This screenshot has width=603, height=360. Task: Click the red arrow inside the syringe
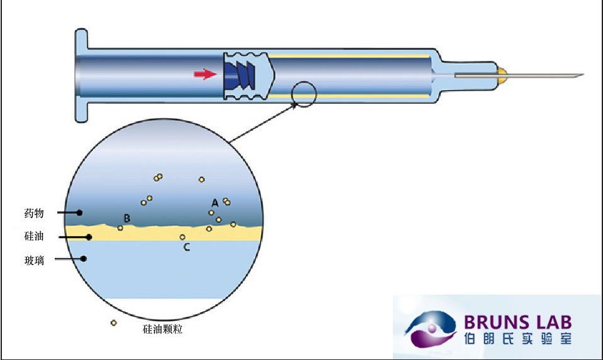coord(205,75)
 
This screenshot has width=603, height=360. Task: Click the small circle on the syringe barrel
coord(303,94)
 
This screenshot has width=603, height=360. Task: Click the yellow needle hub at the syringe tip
coord(502,76)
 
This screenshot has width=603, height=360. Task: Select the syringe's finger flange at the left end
coord(81,75)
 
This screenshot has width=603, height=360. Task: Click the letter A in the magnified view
coord(215,203)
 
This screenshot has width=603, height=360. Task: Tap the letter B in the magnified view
coord(127,218)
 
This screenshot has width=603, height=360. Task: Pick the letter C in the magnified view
coord(186,247)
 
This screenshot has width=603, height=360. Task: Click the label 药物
coord(34,213)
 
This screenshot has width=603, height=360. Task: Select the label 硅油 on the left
coord(34,237)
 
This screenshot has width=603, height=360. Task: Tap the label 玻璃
coord(34,260)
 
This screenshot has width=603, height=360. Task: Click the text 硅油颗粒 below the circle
coord(163,329)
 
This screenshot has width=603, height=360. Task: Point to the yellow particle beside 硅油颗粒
coord(113,323)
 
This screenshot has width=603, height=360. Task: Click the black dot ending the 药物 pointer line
coord(79,213)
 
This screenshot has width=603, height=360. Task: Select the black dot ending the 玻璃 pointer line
coord(83,258)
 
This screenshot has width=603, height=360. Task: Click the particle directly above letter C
coord(183,237)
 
